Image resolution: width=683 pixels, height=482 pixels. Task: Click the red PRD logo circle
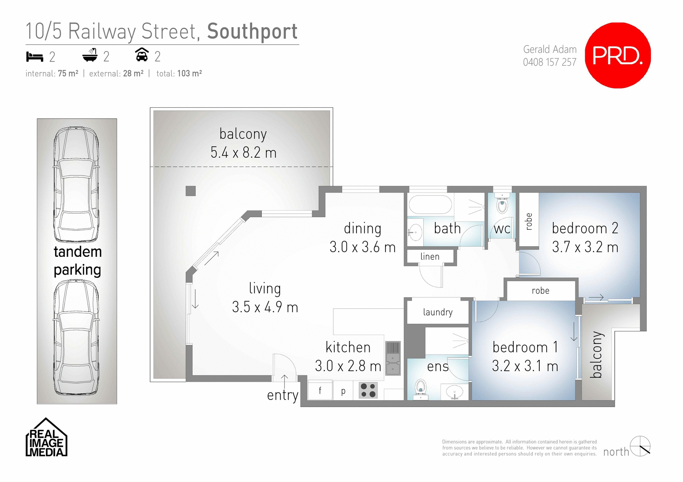click(x=618, y=55)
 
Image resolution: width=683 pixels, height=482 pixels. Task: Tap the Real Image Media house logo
click(x=46, y=438)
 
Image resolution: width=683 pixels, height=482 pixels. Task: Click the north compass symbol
click(x=640, y=446)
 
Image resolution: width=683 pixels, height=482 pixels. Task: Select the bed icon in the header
click(x=35, y=56)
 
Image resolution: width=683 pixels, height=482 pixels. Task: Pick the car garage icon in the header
click(x=142, y=55)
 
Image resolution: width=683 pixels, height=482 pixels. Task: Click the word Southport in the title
click(x=252, y=31)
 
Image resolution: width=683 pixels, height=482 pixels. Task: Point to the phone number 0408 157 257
click(x=549, y=62)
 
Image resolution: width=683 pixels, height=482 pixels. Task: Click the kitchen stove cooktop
click(x=368, y=390)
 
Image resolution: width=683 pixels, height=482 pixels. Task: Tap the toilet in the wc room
click(x=502, y=205)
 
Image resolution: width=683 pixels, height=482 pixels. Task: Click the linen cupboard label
click(x=430, y=256)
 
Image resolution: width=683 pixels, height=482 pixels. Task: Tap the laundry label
click(x=438, y=312)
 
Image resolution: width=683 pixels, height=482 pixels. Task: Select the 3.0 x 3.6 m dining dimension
click(x=362, y=247)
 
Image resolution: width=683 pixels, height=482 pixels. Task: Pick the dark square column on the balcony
click(x=191, y=191)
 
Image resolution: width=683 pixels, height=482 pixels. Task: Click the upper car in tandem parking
click(x=76, y=185)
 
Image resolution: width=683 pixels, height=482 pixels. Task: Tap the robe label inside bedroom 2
click(x=529, y=221)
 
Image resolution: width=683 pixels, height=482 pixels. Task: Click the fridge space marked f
click(x=320, y=391)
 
